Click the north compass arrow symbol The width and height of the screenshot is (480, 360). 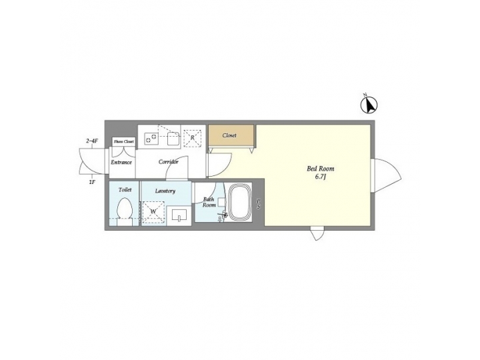(x=369, y=105)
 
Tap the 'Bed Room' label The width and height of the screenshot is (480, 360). (x=319, y=169)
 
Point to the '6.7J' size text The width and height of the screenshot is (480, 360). (x=321, y=177)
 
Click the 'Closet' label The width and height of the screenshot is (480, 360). (x=229, y=135)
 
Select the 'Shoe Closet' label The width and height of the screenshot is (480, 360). (x=123, y=141)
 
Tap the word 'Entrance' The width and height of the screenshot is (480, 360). (x=121, y=162)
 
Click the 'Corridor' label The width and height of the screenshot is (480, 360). (x=168, y=162)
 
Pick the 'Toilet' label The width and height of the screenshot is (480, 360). (x=125, y=190)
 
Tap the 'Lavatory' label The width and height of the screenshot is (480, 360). (x=165, y=191)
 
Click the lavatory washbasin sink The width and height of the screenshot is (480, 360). (x=179, y=215)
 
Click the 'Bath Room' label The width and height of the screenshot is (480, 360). (x=209, y=202)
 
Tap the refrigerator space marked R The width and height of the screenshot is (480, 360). (x=193, y=137)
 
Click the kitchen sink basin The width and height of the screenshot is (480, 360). (x=172, y=138)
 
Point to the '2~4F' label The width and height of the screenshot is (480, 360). (x=93, y=141)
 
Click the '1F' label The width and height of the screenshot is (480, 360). (x=92, y=181)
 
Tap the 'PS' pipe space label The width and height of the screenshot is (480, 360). (x=258, y=205)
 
